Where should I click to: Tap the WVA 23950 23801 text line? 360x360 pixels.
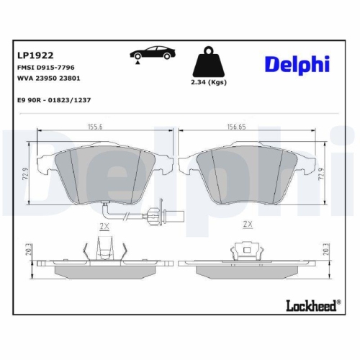47,78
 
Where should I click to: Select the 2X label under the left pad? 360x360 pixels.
103,225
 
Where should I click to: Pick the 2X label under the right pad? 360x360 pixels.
248,225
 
